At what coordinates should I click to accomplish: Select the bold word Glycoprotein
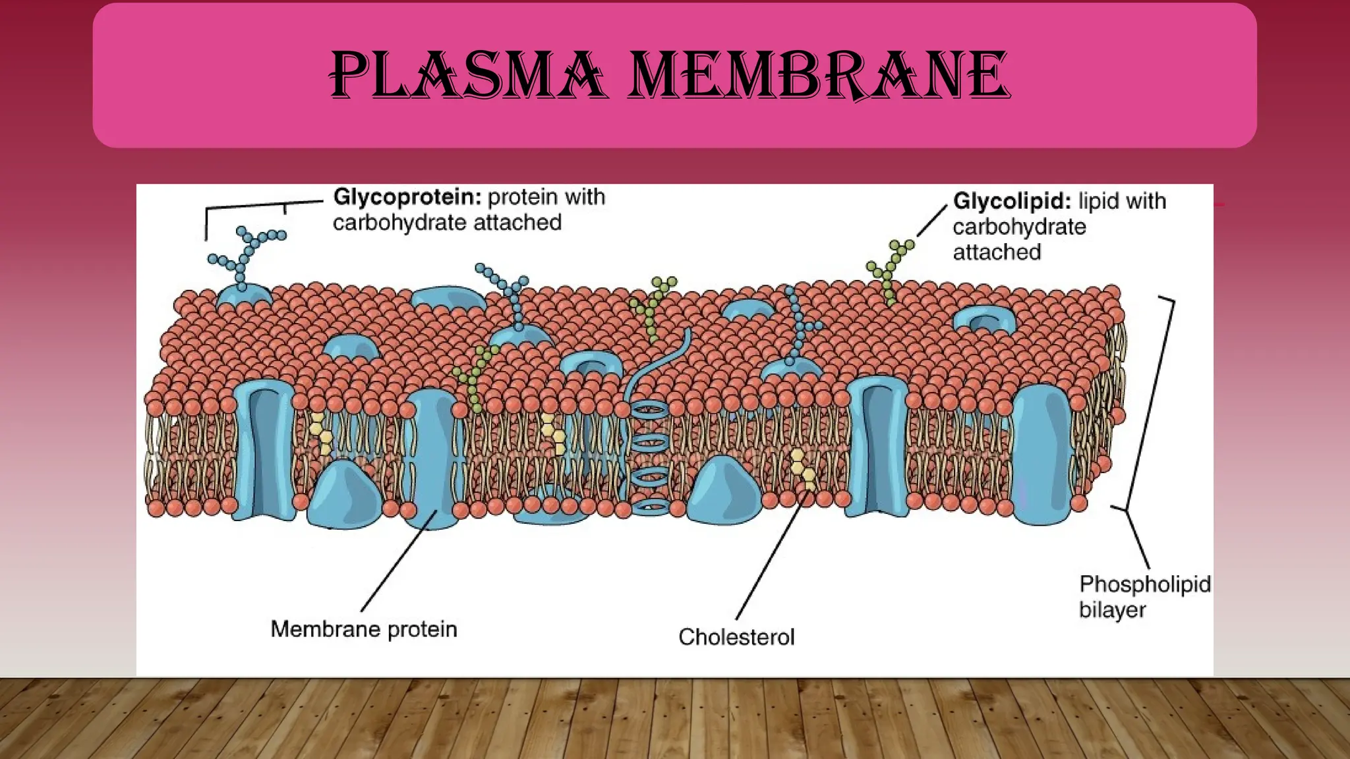coord(407,196)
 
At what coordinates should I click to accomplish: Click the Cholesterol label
coord(736,637)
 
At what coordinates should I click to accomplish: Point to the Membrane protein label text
coord(364,629)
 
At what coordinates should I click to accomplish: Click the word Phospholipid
coord(1144,584)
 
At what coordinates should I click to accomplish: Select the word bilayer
coord(1112,609)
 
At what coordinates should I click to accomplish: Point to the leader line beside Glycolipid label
coord(931,220)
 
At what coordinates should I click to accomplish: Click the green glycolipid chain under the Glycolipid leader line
coord(890,270)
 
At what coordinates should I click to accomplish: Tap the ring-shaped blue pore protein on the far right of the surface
coord(985,320)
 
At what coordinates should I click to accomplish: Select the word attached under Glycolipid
coord(997,252)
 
